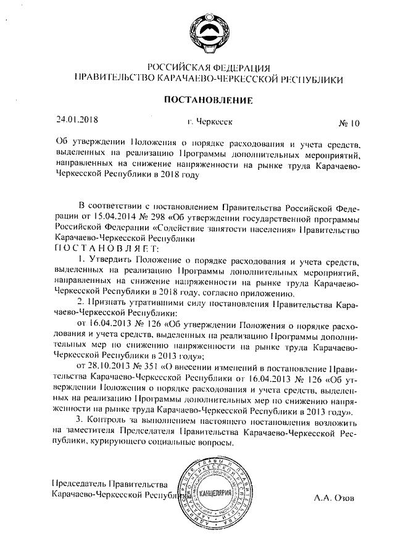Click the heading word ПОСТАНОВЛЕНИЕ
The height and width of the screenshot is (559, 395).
(208, 99)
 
